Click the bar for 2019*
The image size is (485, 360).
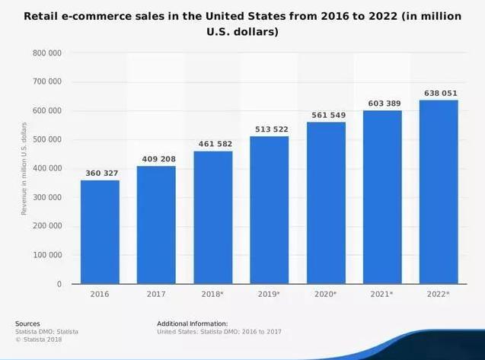[x=270, y=209]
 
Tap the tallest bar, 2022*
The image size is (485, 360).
[x=439, y=191]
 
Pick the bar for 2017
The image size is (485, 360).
[x=156, y=225]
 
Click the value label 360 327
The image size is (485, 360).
[x=100, y=174]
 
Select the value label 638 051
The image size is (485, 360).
[x=439, y=93]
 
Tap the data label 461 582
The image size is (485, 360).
[x=213, y=144]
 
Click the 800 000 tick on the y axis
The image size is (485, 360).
[x=47, y=53]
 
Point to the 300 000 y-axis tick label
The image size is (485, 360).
[x=47, y=198]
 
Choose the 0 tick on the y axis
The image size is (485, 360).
[x=59, y=285]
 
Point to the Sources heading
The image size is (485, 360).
[x=28, y=323]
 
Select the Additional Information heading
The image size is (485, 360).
[x=193, y=323]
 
